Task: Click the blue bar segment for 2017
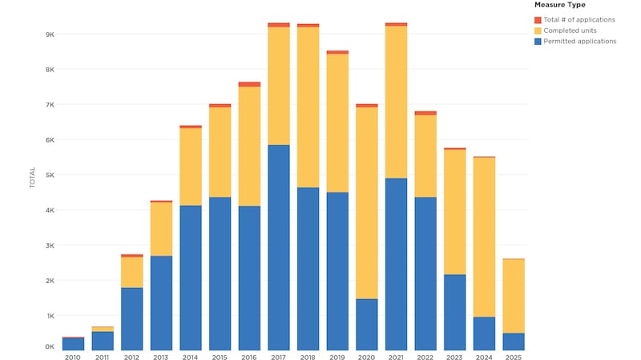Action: click(x=279, y=247)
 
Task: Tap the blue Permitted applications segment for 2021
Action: click(x=396, y=264)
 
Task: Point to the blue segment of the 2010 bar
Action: click(x=73, y=344)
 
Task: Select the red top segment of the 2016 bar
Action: click(x=249, y=84)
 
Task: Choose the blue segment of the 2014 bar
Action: click(x=191, y=277)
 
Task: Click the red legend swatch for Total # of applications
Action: click(x=538, y=19)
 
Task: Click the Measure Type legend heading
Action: click(x=559, y=6)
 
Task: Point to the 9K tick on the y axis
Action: click(x=48, y=34)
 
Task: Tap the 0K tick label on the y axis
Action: click(x=48, y=347)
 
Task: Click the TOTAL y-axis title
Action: click(x=33, y=177)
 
